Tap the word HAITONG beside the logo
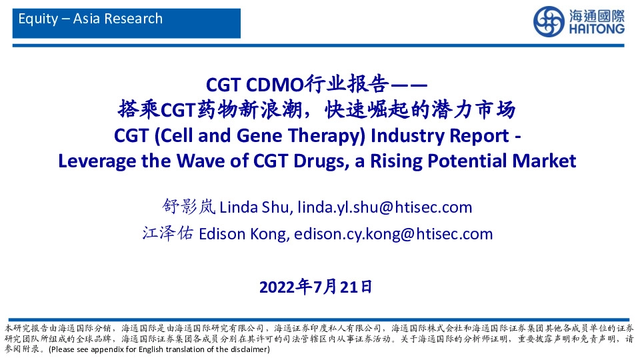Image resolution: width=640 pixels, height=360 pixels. [x=597, y=30]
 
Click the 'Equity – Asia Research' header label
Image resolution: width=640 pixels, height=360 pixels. [x=91, y=19]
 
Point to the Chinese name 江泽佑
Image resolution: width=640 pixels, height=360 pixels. [x=165, y=234]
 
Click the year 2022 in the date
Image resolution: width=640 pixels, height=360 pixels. [x=277, y=287]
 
